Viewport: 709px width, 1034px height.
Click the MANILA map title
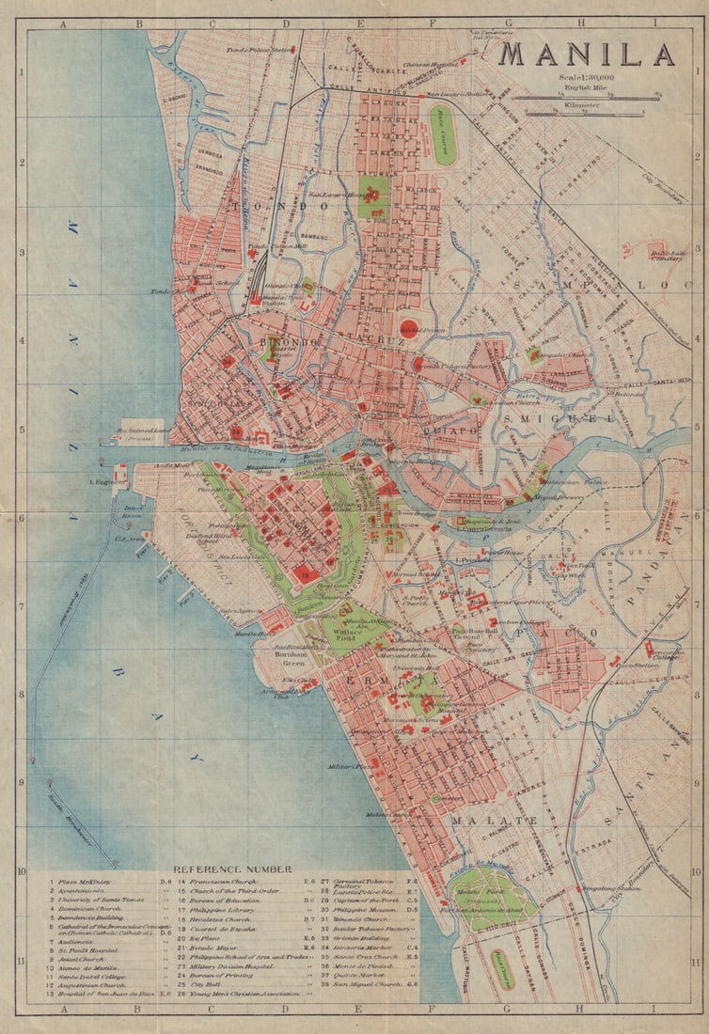click(x=586, y=55)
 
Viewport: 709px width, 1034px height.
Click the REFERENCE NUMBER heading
click(x=232, y=869)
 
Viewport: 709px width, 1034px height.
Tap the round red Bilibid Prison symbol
click(x=408, y=327)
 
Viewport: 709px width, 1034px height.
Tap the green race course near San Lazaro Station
click(x=444, y=133)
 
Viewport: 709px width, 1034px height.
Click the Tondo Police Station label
click(x=257, y=49)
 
